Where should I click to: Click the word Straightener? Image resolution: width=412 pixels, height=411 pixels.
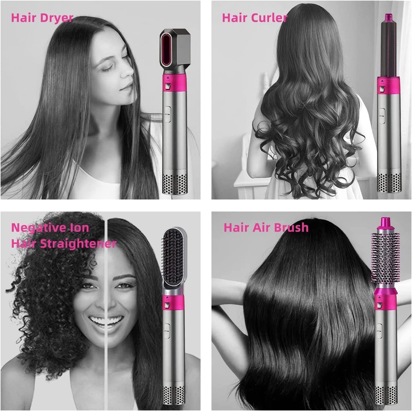[x=78, y=244]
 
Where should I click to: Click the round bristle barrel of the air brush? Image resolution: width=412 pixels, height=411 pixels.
[x=385, y=258]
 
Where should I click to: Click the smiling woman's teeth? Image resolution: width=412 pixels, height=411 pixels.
[x=107, y=319]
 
